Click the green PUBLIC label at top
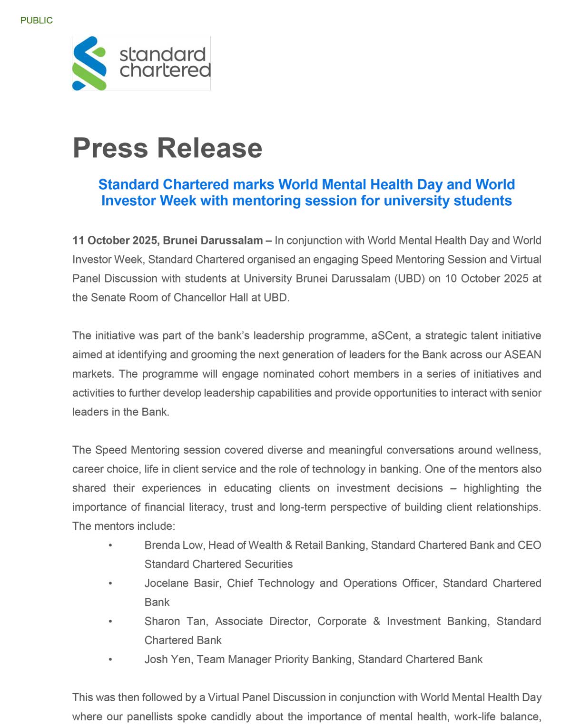coord(37,20)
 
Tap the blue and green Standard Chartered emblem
coord(89,63)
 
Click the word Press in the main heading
coord(110,148)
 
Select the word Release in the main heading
coord(210,148)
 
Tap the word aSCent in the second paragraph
coord(390,335)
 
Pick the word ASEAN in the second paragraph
coord(522,354)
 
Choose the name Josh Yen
coord(168,659)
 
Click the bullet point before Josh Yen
coord(110,659)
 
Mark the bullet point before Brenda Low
coord(110,545)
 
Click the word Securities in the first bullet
coord(268,564)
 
